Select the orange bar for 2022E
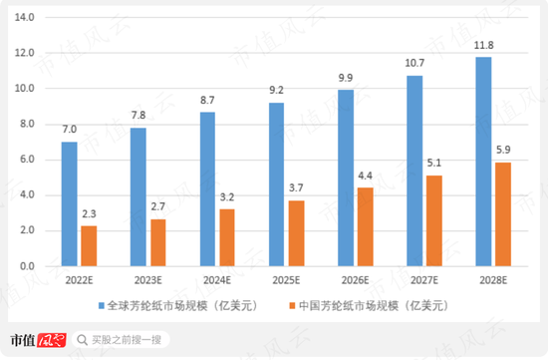click(x=90, y=246)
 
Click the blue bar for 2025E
click(x=277, y=184)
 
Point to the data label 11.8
click(x=484, y=46)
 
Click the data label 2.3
click(x=90, y=215)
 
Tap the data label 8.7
click(x=208, y=102)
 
